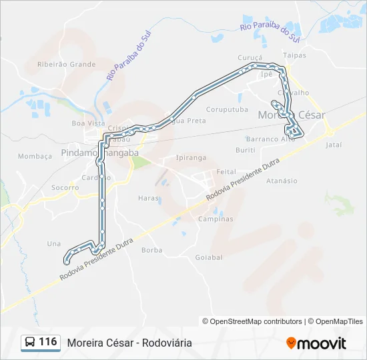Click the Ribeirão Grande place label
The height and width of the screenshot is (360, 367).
[x=67, y=65]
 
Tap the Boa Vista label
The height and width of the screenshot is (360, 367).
[x=88, y=123]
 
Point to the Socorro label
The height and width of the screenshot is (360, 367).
[x=65, y=188]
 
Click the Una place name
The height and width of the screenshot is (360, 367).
[x=54, y=243]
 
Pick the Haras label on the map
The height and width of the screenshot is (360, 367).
[x=148, y=198]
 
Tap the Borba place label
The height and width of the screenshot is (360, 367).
[x=152, y=251]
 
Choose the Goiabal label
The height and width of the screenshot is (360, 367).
[x=208, y=257]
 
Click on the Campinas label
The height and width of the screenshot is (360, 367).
[x=216, y=219]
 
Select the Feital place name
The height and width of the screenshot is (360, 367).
[x=227, y=171]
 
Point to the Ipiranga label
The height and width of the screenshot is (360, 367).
[x=191, y=158]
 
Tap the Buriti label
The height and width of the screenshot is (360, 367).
[x=246, y=151]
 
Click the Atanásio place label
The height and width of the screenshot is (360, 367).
[x=282, y=181]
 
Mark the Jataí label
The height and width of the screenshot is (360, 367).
[x=333, y=144]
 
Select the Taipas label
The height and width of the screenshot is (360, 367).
[x=294, y=55]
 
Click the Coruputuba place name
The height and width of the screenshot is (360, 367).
[x=227, y=109]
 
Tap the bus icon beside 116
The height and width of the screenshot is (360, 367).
[x=30, y=343]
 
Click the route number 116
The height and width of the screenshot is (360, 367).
[x=48, y=342]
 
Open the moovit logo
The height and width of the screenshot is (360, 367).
[x=316, y=343]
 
